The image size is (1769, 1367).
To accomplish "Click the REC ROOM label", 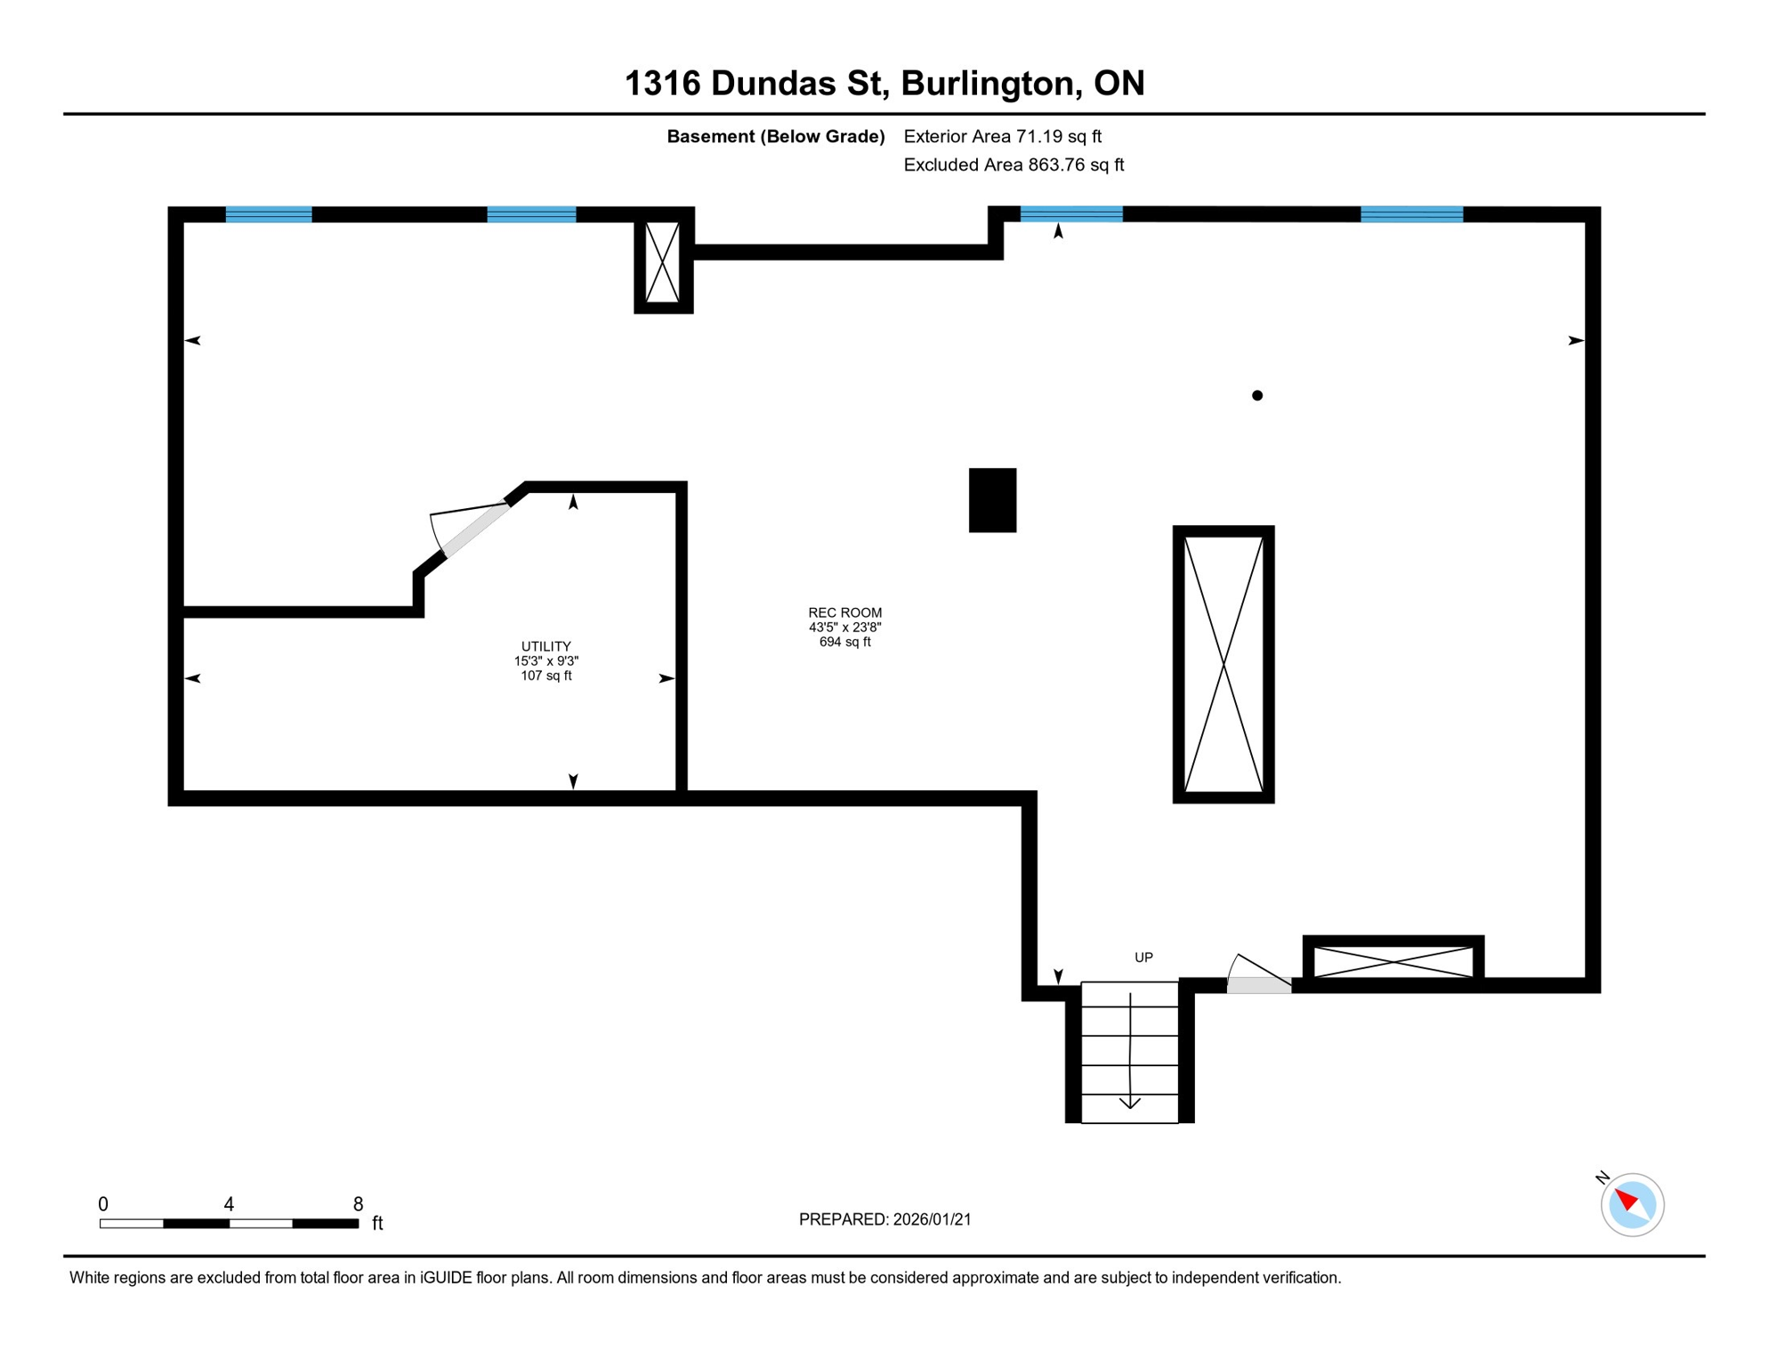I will [x=844, y=613].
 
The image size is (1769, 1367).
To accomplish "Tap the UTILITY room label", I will [x=545, y=647].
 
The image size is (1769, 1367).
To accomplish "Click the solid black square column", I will [x=992, y=500].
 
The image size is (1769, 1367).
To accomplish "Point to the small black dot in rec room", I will [x=1256, y=396].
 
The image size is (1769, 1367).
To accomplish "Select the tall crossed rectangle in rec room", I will [x=1223, y=665].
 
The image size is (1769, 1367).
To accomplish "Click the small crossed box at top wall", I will [x=662, y=262].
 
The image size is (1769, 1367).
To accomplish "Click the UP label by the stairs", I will [x=1143, y=958].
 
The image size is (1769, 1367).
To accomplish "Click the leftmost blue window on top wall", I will [x=269, y=214].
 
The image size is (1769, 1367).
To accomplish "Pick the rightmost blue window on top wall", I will [x=1411, y=214].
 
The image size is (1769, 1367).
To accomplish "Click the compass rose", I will [x=1632, y=1205].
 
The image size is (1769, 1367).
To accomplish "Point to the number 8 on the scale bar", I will [x=358, y=1204].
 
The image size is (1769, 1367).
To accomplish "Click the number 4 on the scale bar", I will [x=229, y=1204].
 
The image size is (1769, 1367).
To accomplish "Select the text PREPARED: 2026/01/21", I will [x=884, y=1219].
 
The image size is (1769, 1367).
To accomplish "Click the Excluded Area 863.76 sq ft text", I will [x=1014, y=165].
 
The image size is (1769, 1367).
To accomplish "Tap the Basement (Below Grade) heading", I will [x=775, y=136].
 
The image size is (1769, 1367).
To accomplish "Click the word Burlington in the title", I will [x=990, y=83].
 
